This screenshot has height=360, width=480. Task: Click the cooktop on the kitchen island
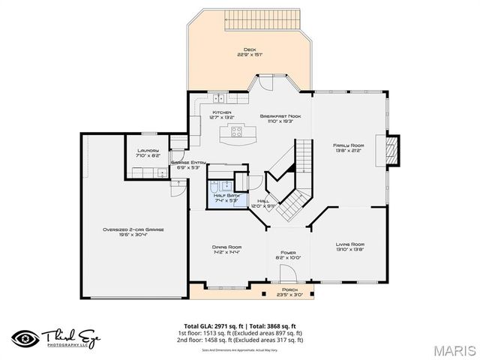(237, 133)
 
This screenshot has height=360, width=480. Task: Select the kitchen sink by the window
(218, 97)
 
